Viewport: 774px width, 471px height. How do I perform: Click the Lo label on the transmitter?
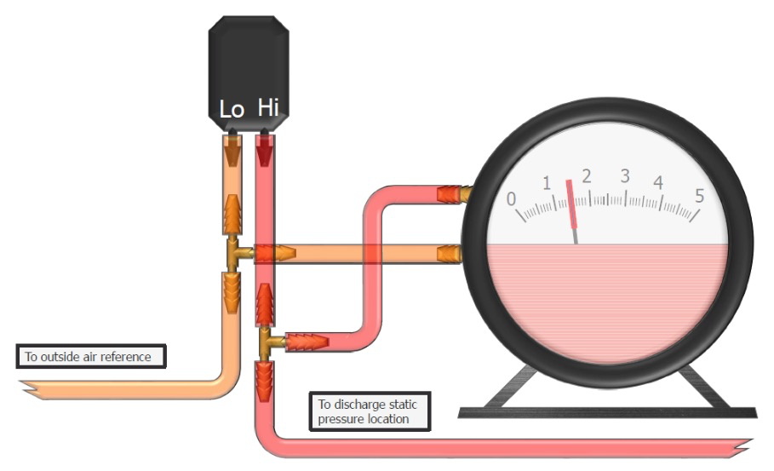tap(232, 110)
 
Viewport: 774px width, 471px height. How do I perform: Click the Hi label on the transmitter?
tap(268, 107)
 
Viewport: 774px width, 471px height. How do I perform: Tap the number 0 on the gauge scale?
tap(512, 199)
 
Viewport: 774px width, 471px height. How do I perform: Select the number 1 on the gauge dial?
tap(547, 183)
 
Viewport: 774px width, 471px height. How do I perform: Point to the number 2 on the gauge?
tap(587, 176)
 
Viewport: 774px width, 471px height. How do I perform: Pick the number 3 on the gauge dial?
tap(625, 175)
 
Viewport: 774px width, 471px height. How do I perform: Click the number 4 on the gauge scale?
tap(658, 182)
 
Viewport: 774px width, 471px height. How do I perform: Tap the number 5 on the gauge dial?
tap(699, 196)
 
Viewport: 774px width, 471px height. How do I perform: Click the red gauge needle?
tap(572, 204)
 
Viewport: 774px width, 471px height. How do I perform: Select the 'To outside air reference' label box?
tap(91, 357)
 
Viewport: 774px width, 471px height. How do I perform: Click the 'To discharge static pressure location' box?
tap(370, 411)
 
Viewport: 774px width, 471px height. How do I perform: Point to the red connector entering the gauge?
tap(450, 194)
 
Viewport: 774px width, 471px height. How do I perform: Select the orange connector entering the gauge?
tap(450, 255)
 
